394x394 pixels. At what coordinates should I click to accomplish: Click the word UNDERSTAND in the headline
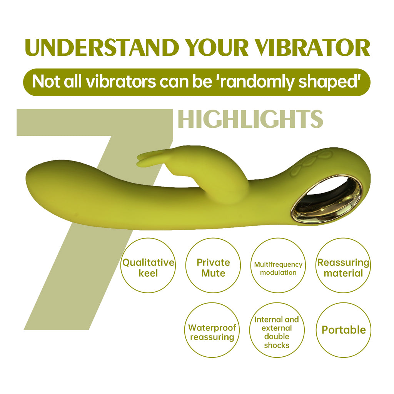pyautogui.click(x=102, y=47)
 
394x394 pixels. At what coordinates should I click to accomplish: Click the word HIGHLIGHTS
pyautogui.click(x=250, y=119)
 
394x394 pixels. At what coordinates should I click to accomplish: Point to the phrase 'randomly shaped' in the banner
pyautogui.click(x=290, y=82)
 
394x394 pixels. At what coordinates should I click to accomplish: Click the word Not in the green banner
pyautogui.click(x=47, y=82)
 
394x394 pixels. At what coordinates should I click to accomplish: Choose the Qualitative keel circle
pyautogui.click(x=148, y=265)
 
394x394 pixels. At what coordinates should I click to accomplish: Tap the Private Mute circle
pyautogui.click(x=213, y=265)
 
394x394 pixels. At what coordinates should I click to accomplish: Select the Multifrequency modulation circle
pyautogui.click(x=278, y=265)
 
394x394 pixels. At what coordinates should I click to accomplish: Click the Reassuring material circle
pyautogui.click(x=343, y=265)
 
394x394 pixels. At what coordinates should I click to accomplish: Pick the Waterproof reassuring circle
pyautogui.click(x=212, y=330)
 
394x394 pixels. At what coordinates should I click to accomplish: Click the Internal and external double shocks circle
pyautogui.click(x=277, y=330)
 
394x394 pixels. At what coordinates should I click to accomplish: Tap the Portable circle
pyautogui.click(x=343, y=330)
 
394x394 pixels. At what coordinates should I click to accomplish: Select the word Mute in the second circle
pyautogui.click(x=213, y=273)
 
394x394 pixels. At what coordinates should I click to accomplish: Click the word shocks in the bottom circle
pyautogui.click(x=277, y=345)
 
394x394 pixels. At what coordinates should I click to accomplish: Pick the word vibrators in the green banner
pyautogui.click(x=121, y=82)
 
